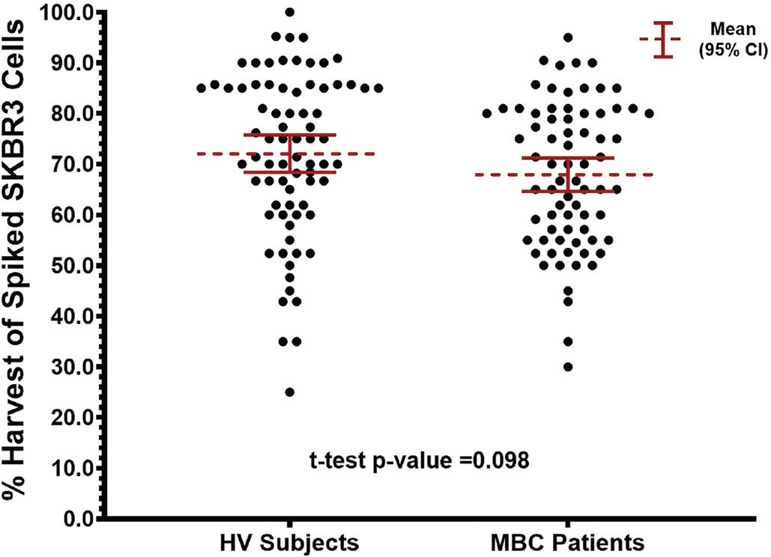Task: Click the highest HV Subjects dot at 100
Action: [x=290, y=12]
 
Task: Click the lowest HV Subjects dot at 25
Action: [x=290, y=392]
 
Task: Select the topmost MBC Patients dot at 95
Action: [x=568, y=37]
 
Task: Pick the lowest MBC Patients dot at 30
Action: [x=568, y=367]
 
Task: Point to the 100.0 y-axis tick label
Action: [x=69, y=12]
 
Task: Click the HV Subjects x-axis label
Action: [x=290, y=541]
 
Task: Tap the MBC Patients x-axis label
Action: [x=568, y=541]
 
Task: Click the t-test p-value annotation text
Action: [x=420, y=460]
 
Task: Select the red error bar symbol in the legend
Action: [x=660, y=39]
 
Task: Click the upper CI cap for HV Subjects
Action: [x=290, y=135]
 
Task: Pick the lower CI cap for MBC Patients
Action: [x=568, y=192]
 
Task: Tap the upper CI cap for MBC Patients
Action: [x=568, y=158]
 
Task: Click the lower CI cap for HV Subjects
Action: [x=290, y=172]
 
